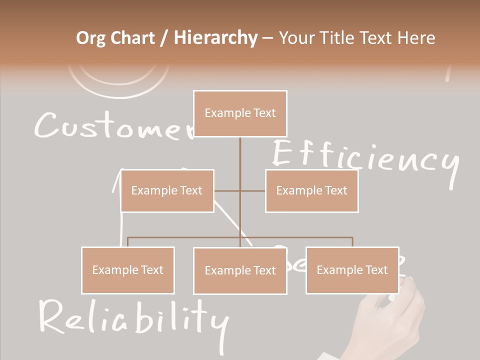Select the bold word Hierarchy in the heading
pyautogui.click(x=215, y=38)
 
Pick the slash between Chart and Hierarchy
pyautogui.click(x=164, y=38)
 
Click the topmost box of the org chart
pyautogui.click(x=240, y=113)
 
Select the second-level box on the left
pyautogui.click(x=167, y=190)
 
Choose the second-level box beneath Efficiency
pyautogui.click(x=311, y=190)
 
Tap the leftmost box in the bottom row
pyautogui.click(x=128, y=270)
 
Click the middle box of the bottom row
pyautogui.click(x=240, y=270)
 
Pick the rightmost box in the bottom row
pyautogui.click(x=352, y=270)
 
